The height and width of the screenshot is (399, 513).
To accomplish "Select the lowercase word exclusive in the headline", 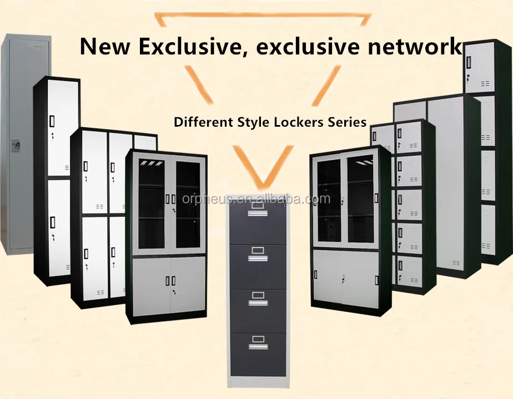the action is tap(306, 46).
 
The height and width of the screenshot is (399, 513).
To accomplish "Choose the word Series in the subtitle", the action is tap(347, 122).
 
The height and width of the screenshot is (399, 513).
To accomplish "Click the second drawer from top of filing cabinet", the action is tap(258, 263).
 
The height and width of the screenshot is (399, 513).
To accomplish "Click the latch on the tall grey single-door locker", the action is tap(16, 146).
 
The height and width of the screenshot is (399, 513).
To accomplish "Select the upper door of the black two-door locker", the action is tap(61, 128).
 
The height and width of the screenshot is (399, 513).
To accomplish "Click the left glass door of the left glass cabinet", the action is tap(152, 206).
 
